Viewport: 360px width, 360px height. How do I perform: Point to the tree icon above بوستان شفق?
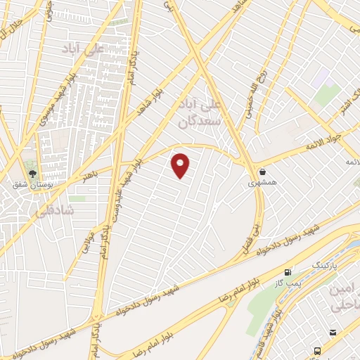click(x=32, y=171)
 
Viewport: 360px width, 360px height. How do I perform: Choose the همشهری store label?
click(x=262, y=182)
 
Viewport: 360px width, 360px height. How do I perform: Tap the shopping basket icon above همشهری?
click(x=262, y=171)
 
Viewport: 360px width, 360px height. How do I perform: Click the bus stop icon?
click(x=319, y=350)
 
